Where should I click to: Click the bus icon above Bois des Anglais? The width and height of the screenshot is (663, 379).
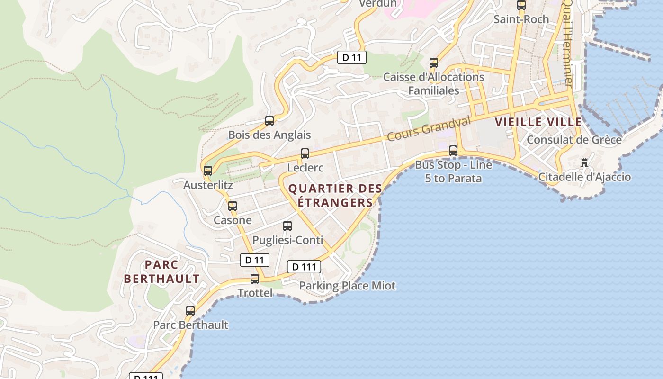(269, 121)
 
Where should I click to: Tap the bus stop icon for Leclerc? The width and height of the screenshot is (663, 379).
(305, 153)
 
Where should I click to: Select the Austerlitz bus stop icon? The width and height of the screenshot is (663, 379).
(208, 171)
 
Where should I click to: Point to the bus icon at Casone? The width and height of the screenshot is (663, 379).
(233, 206)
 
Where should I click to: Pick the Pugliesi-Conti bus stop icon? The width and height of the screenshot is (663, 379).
(287, 226)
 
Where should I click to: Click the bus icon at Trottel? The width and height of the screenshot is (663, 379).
(255, 279)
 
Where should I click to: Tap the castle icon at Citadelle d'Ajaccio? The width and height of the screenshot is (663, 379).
(584, 163)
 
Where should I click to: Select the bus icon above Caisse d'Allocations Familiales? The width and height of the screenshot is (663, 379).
(433, 63)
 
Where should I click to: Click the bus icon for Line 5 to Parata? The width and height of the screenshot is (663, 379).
(453, 151)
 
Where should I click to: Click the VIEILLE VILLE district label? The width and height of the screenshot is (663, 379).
(538, 122)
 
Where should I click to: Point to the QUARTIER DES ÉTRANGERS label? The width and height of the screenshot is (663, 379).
(335, 196)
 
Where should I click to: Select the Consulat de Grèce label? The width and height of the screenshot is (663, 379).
(574, 140)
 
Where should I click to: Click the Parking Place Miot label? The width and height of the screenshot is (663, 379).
(347, 286)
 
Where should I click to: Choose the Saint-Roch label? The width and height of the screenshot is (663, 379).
(521, 19)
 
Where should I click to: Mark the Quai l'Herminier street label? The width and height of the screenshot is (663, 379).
(567, 43)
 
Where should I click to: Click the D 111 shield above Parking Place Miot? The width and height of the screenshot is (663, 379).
(304, 267)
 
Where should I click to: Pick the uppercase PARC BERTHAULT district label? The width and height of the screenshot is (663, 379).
(162, 271)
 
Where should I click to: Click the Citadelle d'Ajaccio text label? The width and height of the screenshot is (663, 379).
(585, 177)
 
